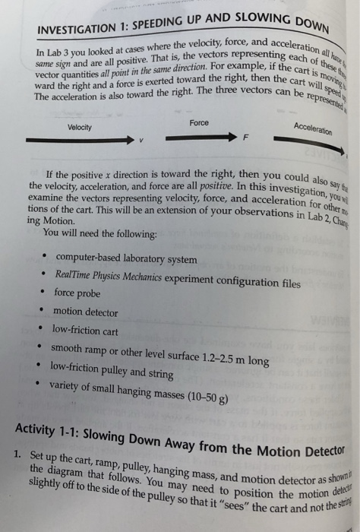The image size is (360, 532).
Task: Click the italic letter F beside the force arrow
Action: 245,142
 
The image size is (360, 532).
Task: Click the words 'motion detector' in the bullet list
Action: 85,312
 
